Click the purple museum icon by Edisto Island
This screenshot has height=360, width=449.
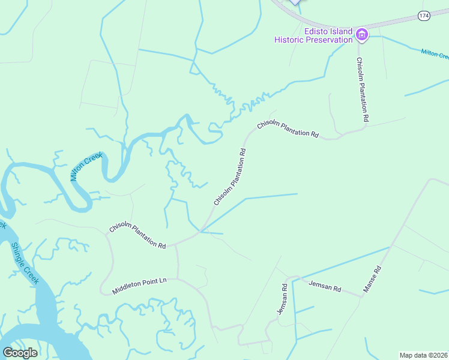coord(362,35)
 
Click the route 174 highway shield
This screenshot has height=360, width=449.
coord(424,16)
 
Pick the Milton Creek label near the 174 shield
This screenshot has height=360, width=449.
coord(435,55)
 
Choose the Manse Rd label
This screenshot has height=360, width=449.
coord(372,280)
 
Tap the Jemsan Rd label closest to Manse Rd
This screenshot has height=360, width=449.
coord(325,285)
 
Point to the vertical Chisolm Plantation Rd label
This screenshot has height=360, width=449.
coord(362,90)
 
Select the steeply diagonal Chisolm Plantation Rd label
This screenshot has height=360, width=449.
coord(231,177)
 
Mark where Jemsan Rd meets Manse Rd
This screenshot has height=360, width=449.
coord(362,296)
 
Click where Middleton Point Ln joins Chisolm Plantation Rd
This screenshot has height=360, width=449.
coord(177,244)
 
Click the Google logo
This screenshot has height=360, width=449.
coord(20,353)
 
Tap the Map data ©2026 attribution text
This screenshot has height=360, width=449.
coord(424,355)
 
